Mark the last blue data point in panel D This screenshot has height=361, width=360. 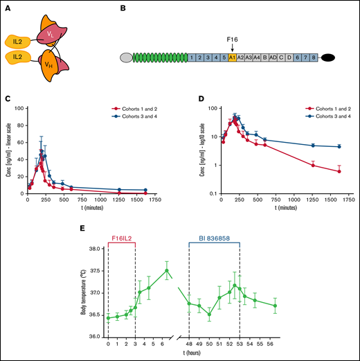click(339, 146)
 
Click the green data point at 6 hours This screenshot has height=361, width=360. click(167, 271)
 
